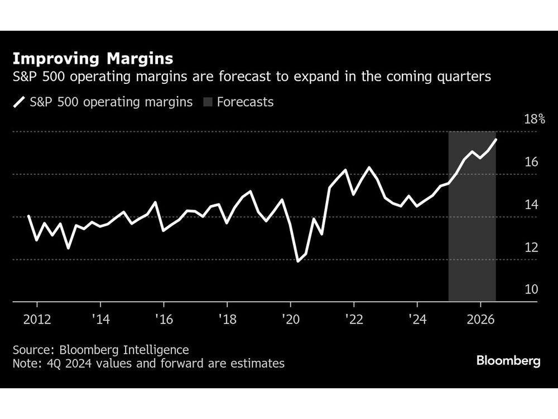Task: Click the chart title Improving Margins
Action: pos(93,59)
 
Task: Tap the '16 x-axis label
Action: pos(163,320)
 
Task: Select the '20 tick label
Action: pos(290,320)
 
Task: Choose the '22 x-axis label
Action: pos(354,320)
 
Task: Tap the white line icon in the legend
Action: pos(20,102)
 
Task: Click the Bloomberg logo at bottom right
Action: pos(508,361)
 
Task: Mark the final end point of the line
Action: pos(496,139)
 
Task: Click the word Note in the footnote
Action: pos(25,364)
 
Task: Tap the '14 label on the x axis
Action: pos(100,320)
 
